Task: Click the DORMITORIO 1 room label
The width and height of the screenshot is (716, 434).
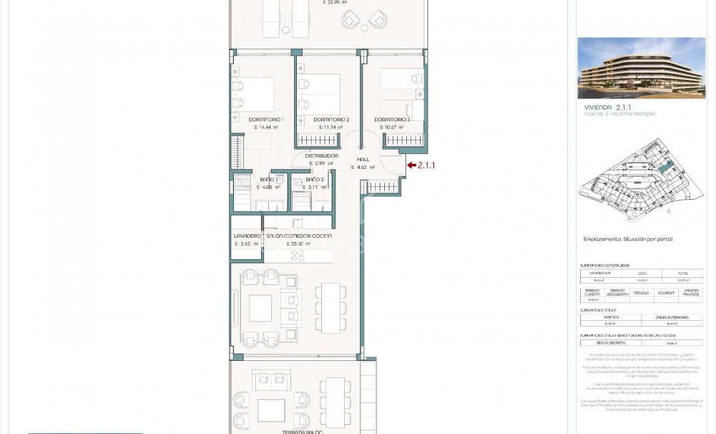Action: click(x=266, y=119)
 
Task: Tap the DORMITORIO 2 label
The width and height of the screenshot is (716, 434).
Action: click(x=331, y=119)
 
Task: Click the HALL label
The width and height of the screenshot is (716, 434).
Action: click(x=363, y=159)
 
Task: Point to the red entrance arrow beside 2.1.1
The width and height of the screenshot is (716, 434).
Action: click(x=411, y=165)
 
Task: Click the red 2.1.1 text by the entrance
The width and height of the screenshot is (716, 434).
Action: click(x=426, y=165)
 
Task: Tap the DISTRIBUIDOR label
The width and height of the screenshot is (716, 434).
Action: click(x=321, y=155)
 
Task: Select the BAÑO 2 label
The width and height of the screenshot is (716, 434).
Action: click(x=315, y=179)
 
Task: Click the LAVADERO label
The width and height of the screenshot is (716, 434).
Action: click(x=246, y=236)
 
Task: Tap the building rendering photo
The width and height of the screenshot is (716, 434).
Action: click(x=641, y=68)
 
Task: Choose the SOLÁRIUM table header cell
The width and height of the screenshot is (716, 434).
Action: click(x=667, y=293)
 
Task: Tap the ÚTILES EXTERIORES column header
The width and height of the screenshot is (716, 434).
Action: click(x=672, y=317)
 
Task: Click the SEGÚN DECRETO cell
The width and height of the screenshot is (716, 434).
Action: click(x=610, y=343)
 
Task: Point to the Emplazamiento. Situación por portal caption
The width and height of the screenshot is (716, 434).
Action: click(x=627, y=239)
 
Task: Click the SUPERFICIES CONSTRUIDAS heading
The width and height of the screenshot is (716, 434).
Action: click(x=604, y=265)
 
